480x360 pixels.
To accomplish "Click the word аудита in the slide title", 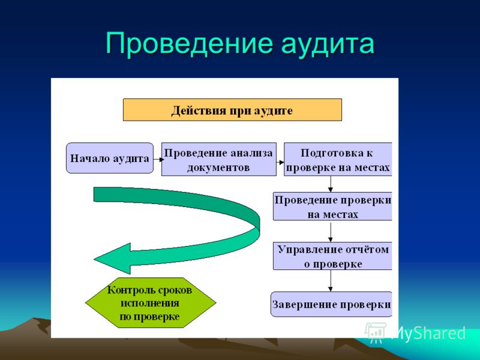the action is (x=328, y=45).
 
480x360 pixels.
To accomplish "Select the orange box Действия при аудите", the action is (x=232, y=110).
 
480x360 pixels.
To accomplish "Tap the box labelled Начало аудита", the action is (x=110, y=158).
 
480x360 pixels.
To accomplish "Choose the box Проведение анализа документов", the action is (x=219, y=159).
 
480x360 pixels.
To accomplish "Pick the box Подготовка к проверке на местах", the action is (x=338, y=159).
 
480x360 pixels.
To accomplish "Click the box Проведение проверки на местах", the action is (x=332, y=206).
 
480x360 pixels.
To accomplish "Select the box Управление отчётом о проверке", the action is (x=332, y=256).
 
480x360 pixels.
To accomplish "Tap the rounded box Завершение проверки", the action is (x=331, y=304).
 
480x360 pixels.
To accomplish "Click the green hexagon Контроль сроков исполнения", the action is (x=151, y=303).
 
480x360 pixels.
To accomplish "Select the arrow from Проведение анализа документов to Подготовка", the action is (x=280, y=163).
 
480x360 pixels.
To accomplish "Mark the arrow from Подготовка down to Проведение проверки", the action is (x=331, y=184).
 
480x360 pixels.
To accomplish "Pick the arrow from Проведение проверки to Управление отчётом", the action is (x=331, y=232).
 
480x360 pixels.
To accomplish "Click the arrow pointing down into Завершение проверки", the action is (x=331, y=281).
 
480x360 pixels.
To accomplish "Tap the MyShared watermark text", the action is (x=428, y=333).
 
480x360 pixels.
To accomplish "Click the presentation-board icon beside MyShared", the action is (x=376, y=332).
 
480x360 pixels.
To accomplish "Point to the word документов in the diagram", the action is (x=218, y=168).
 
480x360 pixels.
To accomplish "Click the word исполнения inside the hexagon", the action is (x=149, y=304).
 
